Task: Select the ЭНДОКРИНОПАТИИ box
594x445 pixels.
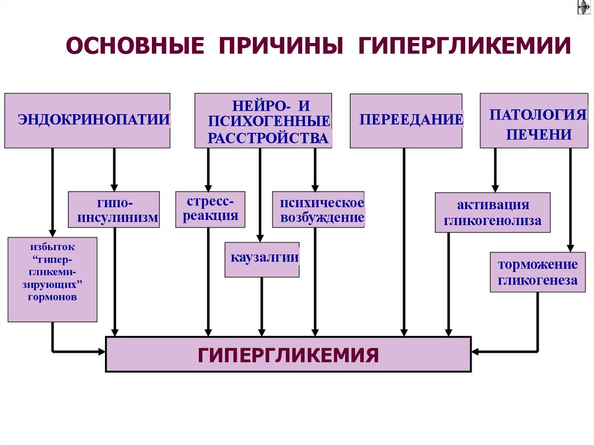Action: (88, 120)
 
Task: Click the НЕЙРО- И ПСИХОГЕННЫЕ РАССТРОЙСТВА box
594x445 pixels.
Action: (263, 120)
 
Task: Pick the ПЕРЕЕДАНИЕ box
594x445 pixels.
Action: (406, 120)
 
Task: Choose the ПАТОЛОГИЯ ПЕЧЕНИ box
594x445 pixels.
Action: (526, 120)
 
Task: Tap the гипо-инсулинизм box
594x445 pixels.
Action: (114, 209)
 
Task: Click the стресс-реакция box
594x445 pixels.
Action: (210, 209)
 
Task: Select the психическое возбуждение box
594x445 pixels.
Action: (318, 209)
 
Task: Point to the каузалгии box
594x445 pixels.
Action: (262, 259)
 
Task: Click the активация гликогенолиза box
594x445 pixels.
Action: (492, 212)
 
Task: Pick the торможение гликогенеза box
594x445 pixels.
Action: (538, 272)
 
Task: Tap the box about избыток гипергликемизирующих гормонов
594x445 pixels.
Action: (52, 279)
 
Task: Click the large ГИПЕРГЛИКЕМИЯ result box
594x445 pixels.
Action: (288, 354)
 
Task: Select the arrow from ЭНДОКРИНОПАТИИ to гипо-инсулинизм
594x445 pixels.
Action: (114, 169)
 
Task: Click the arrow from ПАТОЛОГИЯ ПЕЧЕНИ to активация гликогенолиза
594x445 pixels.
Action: (495, 169)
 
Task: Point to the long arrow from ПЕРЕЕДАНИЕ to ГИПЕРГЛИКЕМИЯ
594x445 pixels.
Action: (404, 244)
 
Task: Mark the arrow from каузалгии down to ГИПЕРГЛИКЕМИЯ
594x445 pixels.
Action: (262, 306)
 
